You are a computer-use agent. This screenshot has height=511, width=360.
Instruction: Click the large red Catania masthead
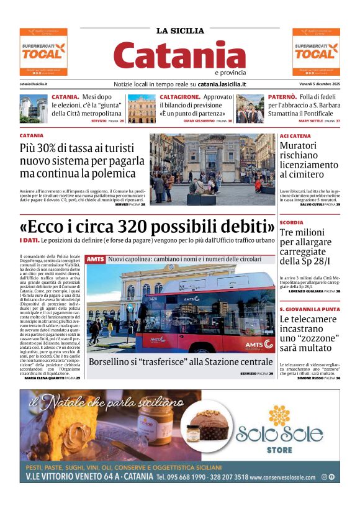pyautogui.click(x=179, y=56)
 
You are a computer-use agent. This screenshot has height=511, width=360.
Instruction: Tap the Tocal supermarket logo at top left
pyautogui.click(x=43, y=52)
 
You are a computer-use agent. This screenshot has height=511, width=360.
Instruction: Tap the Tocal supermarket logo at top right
pyautogui.click(x=316, y=52)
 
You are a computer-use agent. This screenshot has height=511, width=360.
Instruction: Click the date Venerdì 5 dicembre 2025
pyautogui.click(x=318, y=84)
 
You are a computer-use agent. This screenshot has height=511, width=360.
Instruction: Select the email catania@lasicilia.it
pyautogui.click(x=34, y=84)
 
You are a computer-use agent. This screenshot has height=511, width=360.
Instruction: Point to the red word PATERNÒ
pyautogui.click(x=282, y=97)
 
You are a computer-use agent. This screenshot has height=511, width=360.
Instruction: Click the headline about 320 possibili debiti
pyautogui.click(x=147, y=225)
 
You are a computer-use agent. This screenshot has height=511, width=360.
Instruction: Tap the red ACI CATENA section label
pyautogui.click(x=295, y=136)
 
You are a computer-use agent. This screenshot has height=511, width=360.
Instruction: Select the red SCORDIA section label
pyautogui.click(x=291, y=222)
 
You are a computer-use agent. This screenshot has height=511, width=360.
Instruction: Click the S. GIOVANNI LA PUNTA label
pyautogui.click(x=309, y=309)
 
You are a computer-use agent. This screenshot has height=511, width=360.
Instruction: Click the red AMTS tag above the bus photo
pyautogui.click(x=96, y=259)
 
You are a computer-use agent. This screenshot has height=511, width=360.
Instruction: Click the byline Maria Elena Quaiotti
pyautogui.click(x=44, y=378)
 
